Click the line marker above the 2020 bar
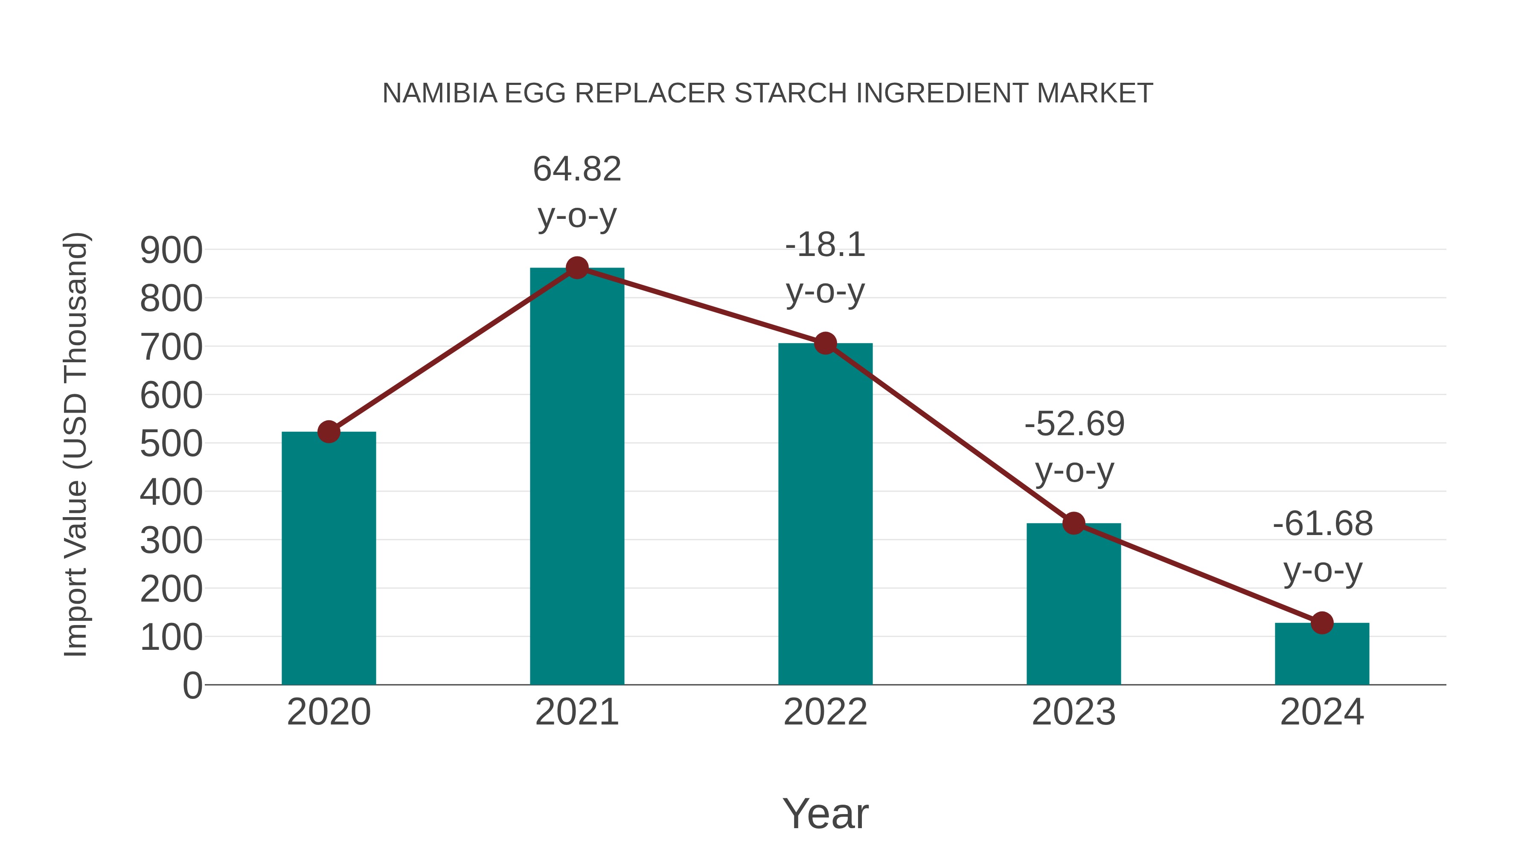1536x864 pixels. point(329,432)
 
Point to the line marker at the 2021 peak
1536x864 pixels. point(576,268)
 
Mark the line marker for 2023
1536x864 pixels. point(1073,524)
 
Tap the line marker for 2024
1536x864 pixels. point(1322,623)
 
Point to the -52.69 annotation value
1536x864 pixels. point(1074,424)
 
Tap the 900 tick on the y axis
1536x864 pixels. point(171,250)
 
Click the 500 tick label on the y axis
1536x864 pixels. point(171,444)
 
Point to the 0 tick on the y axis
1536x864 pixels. point(192,686)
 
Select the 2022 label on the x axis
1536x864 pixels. point(825,712)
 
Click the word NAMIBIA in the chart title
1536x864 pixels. point(439,93)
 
